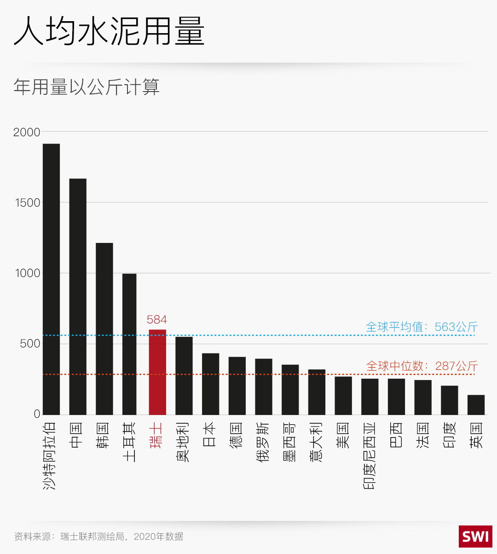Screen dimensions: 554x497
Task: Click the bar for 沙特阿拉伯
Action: point(51,279)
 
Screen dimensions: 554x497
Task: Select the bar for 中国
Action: point(78,297)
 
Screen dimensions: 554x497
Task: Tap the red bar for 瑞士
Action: point(157,372)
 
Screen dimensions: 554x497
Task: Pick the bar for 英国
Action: point(476,405)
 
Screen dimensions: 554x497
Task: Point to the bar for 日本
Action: point(210,384)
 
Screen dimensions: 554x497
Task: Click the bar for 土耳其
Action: point(129,344)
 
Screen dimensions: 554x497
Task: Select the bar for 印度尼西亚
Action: point(370,397)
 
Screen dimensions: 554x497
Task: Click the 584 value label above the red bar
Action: point(157,320)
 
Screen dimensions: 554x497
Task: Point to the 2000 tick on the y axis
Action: point(27,133)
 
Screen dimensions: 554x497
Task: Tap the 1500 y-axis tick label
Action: point(28,203)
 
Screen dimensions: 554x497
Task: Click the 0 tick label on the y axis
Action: point(37,414)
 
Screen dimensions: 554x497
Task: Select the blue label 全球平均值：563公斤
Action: point(422,327)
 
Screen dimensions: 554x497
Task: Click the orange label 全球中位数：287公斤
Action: point(422,366)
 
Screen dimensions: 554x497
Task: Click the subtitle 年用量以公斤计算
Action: point(87,87)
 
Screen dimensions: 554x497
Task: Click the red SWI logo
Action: point(475,537)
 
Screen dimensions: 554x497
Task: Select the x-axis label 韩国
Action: point(103,435)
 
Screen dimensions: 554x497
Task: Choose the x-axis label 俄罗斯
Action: point(263,442)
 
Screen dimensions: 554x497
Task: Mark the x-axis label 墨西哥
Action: point(289,442)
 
